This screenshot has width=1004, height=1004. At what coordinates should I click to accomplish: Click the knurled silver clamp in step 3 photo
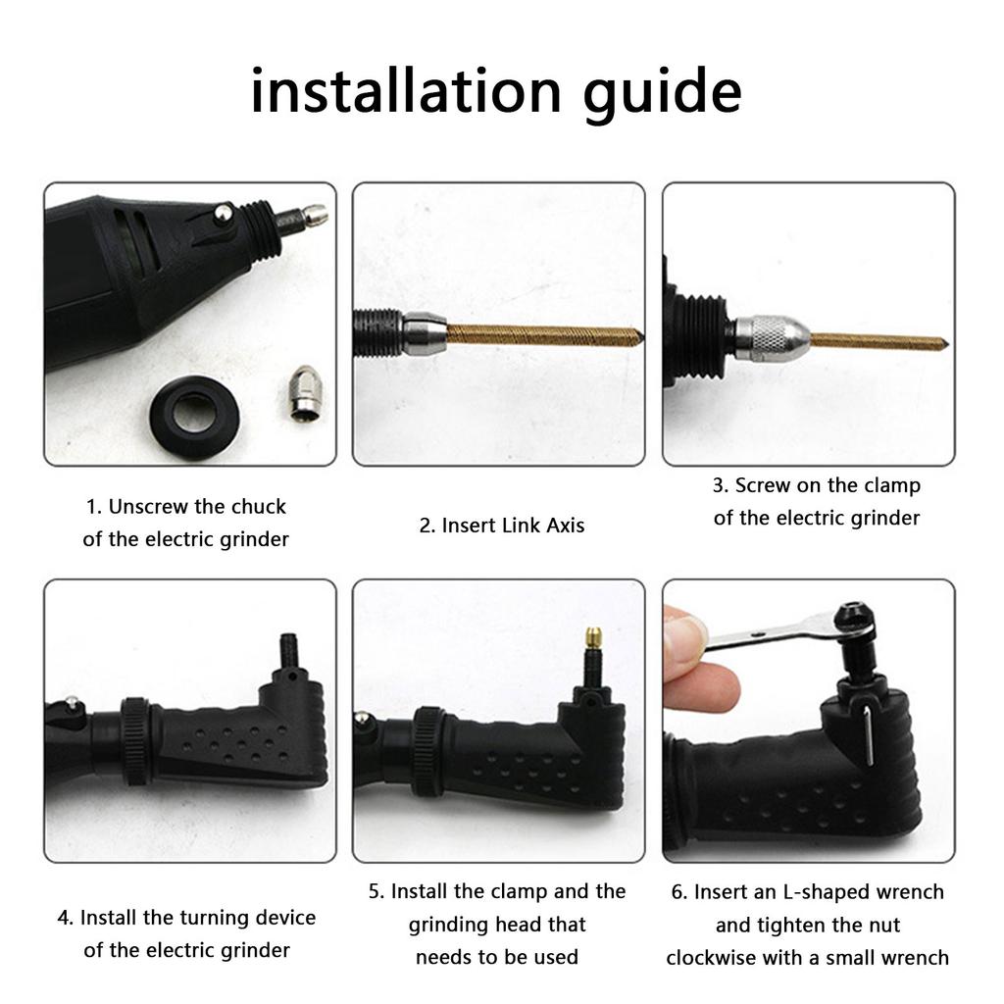point(773,336)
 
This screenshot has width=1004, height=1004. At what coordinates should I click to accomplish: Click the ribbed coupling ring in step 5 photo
point(429,747)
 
